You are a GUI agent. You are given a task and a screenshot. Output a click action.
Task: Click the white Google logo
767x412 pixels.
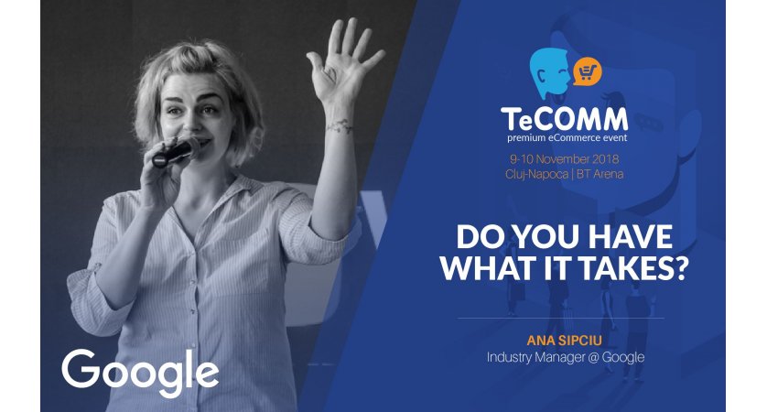tap(140, 373)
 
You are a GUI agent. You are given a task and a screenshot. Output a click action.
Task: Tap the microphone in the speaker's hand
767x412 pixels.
tap(175, 153)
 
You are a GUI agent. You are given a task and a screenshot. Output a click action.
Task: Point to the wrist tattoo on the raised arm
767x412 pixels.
tap(339, 125)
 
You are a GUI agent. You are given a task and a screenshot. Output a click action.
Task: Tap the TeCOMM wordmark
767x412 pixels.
tap(564, 119)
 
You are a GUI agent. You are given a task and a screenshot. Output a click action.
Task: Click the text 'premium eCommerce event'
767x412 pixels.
tap(567, 137)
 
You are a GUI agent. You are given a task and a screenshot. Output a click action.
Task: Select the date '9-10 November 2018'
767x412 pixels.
tap(564, 159)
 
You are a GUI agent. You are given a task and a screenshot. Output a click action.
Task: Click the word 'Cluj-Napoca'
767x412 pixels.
tap(536, 174)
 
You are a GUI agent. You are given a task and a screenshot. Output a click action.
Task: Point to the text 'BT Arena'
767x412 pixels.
tap(600, 174)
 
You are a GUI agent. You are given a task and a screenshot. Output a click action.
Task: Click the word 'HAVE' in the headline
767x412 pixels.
tap(630, 237)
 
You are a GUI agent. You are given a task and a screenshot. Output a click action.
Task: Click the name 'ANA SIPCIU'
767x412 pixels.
tap(565, 341)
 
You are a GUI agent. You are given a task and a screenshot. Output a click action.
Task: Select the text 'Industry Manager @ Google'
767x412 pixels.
tap(565, 357)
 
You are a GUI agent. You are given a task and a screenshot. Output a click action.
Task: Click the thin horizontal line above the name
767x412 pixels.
tap(560, 318)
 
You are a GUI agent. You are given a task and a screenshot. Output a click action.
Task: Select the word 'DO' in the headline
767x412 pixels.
tap(478, 237)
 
